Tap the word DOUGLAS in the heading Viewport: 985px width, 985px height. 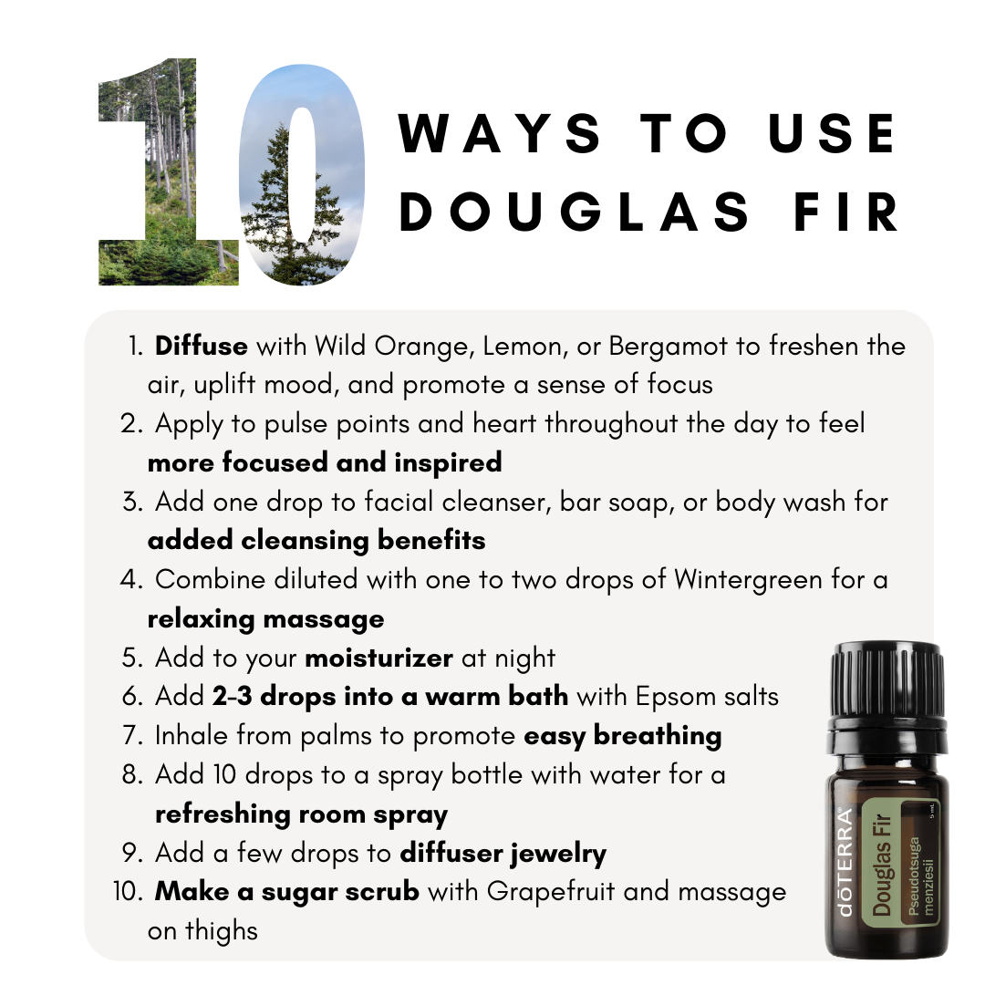575,213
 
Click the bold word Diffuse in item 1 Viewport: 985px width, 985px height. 201,347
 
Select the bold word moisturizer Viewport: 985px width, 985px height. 378,658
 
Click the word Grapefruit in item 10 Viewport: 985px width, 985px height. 551,893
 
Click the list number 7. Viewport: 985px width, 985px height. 132,736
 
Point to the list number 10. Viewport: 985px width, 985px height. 129,891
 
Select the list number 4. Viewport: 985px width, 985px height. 132,580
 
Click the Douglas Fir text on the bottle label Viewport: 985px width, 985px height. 881,865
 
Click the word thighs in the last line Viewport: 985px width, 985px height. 221,931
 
